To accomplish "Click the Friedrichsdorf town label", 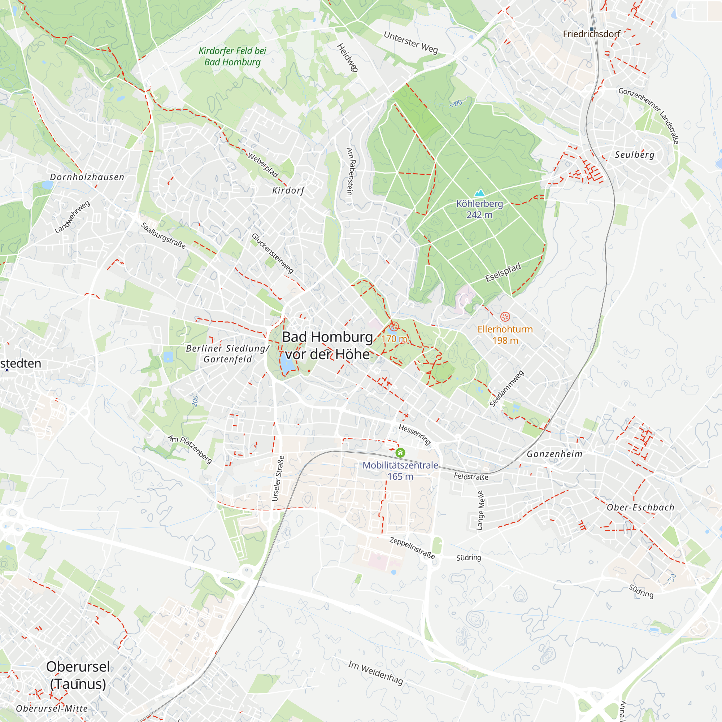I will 591,34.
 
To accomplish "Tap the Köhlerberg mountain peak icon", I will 479,193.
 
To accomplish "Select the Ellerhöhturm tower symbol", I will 505,317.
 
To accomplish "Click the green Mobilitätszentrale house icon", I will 400,453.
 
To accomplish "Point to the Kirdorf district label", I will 288,191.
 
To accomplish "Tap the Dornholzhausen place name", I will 87,177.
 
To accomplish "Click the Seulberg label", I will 635,155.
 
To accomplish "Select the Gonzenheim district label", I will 554,454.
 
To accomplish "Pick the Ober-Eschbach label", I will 640,508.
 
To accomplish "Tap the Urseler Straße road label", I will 278,478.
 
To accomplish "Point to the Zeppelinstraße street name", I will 412,548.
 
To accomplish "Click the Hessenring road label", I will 415,435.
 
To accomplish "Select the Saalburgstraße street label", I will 163,235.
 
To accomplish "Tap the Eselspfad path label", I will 503,273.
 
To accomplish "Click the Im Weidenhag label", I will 375,673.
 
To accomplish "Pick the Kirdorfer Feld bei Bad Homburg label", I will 232,56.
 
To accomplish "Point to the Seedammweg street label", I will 507,389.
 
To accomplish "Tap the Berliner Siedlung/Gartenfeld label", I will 227,353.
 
